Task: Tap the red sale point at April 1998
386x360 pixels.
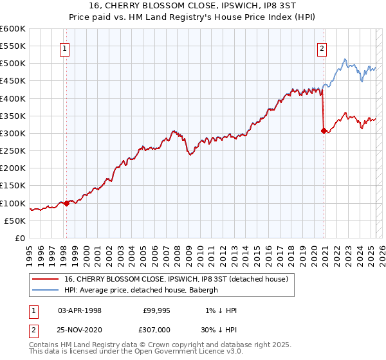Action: click(66, 204)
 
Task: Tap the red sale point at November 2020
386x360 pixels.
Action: click(324, 131)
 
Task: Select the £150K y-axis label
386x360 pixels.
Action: click(13, 186)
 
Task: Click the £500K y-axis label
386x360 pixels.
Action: click(13, 64)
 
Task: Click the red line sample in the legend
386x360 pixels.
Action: click(46, 279)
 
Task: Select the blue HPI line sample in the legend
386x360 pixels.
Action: click(46, 290)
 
